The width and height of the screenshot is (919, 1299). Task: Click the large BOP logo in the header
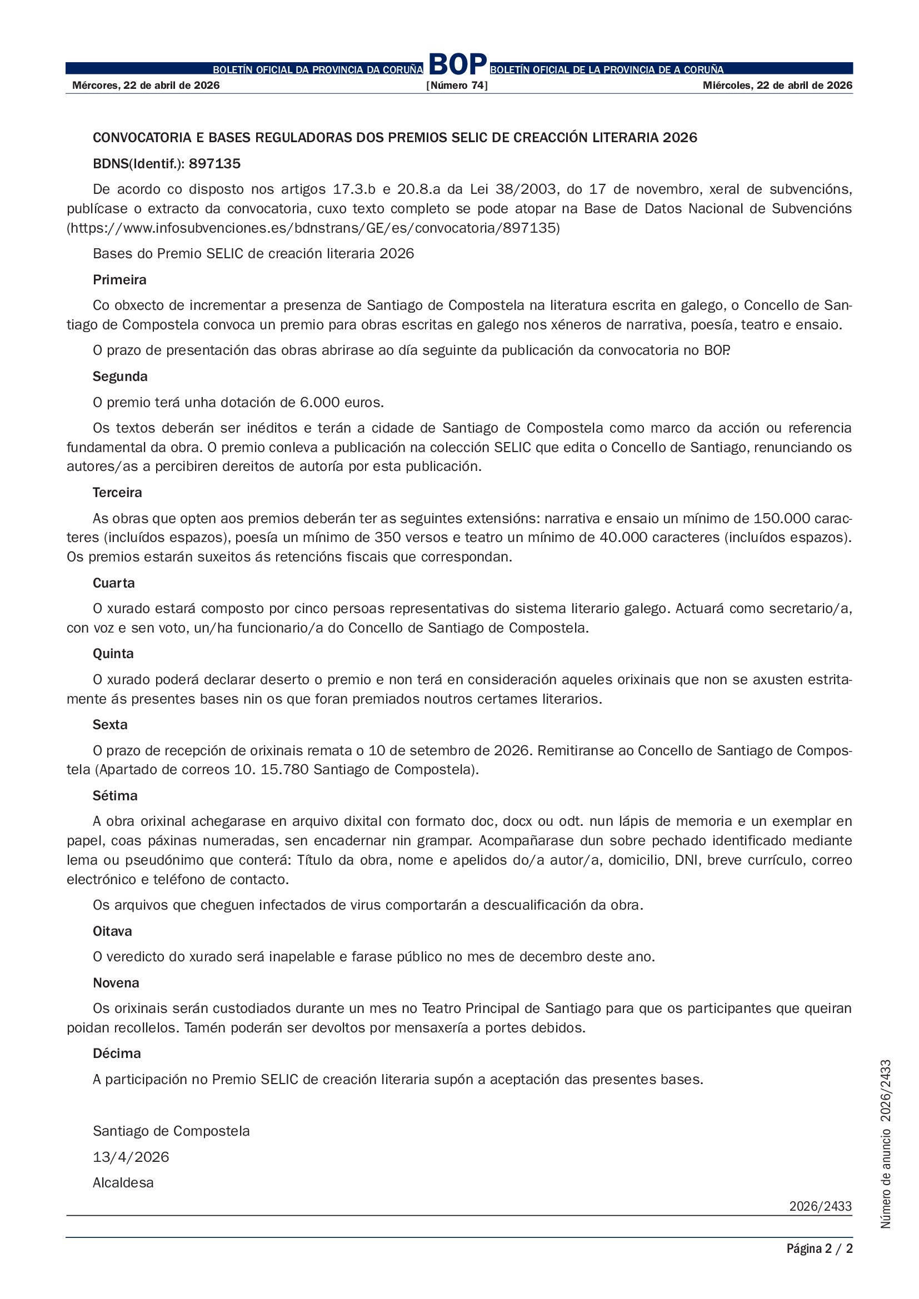[457, 65]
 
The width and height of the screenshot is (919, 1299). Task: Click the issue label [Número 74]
[457, 86]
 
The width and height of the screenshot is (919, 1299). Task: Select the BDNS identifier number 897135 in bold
[214, 164]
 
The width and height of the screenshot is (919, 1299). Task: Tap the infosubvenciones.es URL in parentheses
[313, 228]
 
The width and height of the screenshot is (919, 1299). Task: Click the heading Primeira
[119, 280]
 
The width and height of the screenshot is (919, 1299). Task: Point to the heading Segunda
[120, 377]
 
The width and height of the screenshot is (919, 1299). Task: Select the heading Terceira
[117, 493]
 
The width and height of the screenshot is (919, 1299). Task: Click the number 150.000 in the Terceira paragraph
[778, 518]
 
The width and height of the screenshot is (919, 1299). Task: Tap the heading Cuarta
[114, 583]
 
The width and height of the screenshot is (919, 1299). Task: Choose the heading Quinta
[113, 654]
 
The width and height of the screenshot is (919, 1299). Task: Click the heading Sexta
[110, 725]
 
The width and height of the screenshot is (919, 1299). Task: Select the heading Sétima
[115, 796]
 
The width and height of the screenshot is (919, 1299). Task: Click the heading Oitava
[112, 931]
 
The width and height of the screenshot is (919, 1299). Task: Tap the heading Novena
[116, 983]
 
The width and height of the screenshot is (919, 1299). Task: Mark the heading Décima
[117, 1054]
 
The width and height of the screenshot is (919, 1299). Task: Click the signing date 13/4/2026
[131, 1157]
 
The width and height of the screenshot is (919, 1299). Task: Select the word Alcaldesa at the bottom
[123, 1182]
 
